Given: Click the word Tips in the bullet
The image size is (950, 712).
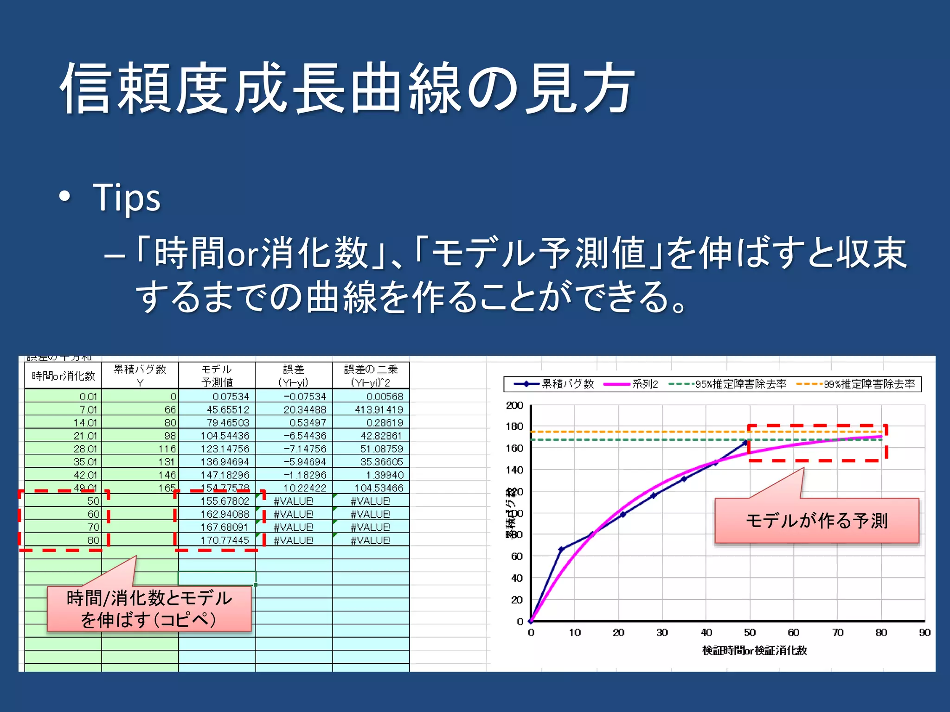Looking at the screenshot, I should click(126, 197).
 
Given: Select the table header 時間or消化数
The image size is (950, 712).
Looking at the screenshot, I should click(63, 375).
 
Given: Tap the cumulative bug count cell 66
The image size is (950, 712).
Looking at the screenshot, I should click(170, 410).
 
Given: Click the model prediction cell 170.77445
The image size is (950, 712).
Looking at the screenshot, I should click(225, 540).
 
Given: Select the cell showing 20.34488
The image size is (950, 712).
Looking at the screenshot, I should click(304, 410).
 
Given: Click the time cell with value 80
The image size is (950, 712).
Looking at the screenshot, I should click(93, 540).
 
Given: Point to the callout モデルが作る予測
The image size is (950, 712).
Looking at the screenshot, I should click(816, 521).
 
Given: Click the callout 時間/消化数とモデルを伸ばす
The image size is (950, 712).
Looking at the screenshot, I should click(149, 609).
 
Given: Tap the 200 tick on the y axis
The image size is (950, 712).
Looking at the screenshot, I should click(514, 405).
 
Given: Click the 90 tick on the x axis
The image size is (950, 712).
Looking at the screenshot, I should click(924, 633).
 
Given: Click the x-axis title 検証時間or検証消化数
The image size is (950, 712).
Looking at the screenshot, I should click(755, 651).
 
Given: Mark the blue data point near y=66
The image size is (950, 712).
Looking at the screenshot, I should click(561, 550).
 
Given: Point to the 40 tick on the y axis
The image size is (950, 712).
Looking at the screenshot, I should click(517, 578).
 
